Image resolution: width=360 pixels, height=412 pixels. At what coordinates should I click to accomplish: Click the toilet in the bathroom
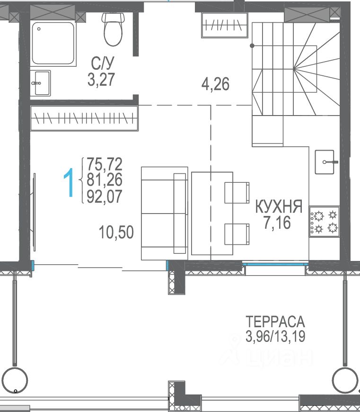(x=113, y=29)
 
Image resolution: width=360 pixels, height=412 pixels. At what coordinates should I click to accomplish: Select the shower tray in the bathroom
(x=53, y=43)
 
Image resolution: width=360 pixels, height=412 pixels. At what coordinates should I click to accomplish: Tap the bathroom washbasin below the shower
(x=40, y=83)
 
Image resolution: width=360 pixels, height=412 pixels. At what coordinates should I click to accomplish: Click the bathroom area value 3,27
(x=101, y=80)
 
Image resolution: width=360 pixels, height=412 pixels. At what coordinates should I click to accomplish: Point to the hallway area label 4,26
(x=215, y=84)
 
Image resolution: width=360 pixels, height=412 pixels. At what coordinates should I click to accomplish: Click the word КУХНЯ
(x=279, y=206)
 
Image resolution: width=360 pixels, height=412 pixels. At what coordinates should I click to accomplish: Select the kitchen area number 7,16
(x=277, y=223)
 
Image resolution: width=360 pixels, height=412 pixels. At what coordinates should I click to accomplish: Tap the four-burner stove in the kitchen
(x=325, y=222)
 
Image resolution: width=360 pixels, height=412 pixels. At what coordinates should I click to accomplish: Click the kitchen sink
(x=325, y=162)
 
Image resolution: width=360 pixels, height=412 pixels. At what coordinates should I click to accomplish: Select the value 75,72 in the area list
(x=105, y=164)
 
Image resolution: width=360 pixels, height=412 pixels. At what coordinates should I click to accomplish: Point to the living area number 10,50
(x=116, y=232)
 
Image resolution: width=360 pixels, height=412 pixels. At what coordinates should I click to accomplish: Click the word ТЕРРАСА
(x=275, y=322)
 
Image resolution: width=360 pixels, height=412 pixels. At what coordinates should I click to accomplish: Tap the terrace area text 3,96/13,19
(x=275, y=336)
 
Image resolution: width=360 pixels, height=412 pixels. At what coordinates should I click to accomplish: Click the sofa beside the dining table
(x=165, y=214)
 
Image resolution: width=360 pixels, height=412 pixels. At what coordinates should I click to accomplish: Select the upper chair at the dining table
(x=237, y=193)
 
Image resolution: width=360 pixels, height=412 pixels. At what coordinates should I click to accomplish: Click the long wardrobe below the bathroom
(x=84, y=118)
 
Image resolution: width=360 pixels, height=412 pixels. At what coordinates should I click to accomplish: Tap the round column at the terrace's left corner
(x=15, y=380)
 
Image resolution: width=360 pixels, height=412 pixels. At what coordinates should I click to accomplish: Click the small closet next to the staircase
(x=224, y=25)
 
